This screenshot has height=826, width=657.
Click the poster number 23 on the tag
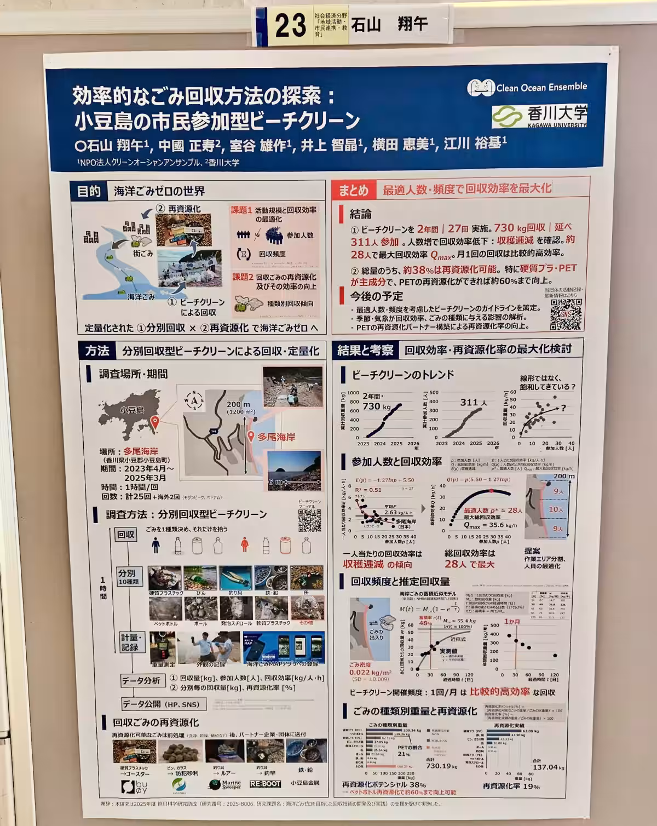[x=290, y=26]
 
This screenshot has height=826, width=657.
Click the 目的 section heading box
[x=89, y=191]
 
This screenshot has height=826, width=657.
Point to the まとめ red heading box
[x=354, y=190]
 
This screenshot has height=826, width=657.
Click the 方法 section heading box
[x=96, y=351]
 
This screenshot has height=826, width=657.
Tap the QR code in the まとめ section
[x=566, y=314]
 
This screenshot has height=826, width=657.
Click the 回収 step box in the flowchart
[x=125, y=535]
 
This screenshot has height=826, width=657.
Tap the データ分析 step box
[x=141, y=681]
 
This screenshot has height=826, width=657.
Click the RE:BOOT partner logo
[x=265, y=784]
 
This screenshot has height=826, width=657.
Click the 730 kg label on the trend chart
[x=376, y=406]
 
